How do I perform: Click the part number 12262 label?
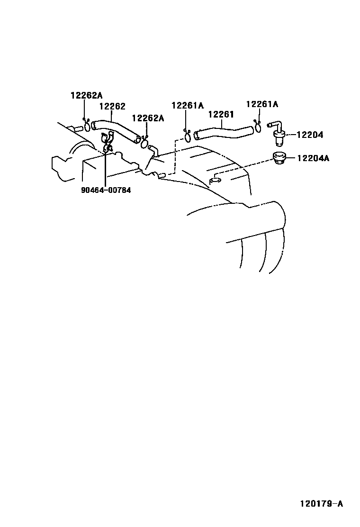(112, 107)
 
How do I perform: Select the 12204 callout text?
(310, 135)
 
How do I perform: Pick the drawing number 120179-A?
(321, 503)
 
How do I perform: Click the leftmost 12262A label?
(86, 95)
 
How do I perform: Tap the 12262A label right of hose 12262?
(148, 118)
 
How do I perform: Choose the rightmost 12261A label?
(262, 104)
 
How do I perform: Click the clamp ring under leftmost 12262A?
(88, 126)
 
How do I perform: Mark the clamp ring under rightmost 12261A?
(259, 127)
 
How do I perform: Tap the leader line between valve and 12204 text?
(290, 135)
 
